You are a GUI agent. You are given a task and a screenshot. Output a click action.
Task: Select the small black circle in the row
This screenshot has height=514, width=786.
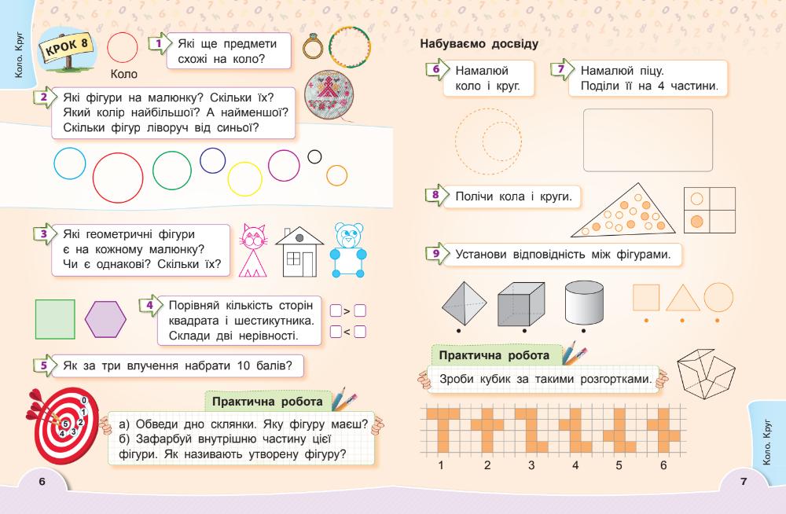tap(315, 156)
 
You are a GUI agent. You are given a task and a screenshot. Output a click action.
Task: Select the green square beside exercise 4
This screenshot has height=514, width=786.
tap(55, 319)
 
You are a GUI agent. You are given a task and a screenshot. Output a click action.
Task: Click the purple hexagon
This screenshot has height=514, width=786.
tap(109, 319)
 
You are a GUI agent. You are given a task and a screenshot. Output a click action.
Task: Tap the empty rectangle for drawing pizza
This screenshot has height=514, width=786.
tap(648, 140)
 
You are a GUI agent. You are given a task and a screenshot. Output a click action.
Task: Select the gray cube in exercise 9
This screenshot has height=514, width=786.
tap(521, 303)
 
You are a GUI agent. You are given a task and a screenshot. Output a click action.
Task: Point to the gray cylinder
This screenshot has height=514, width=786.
tap(583, 303)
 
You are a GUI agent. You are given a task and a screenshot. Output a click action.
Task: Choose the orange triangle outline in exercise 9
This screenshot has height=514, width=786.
tap(682, 299)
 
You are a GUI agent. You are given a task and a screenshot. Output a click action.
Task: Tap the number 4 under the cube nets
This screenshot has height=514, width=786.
tap(575, 465)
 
